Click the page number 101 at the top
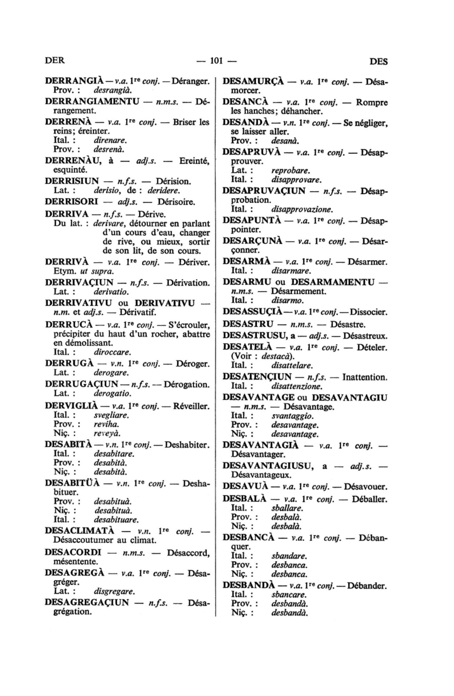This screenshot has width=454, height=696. pyautogui.click(x=217, y=61)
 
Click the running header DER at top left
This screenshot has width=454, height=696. pyautogui.click(x=55, y=61)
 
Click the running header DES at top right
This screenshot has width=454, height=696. pyautogui.click(x=378, y=62)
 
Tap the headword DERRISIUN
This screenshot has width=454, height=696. pyautogui.click(x=72, y=181)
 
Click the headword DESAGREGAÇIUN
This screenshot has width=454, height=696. pyautogui.click(x=87, y=602)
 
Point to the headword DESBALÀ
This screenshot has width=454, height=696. pyautogui.click(x=244, y=499)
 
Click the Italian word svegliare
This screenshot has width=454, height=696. pyautogui.click(x=111, y=415)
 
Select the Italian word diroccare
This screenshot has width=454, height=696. pyautogui.click(x=113, y=352)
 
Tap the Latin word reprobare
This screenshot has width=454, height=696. pyautogui.click(x=290, y=171)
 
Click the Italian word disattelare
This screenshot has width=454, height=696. pyautogui.click(x=292, y=366)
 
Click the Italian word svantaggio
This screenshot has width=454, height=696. pyautogui.click(x=292, y=416)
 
